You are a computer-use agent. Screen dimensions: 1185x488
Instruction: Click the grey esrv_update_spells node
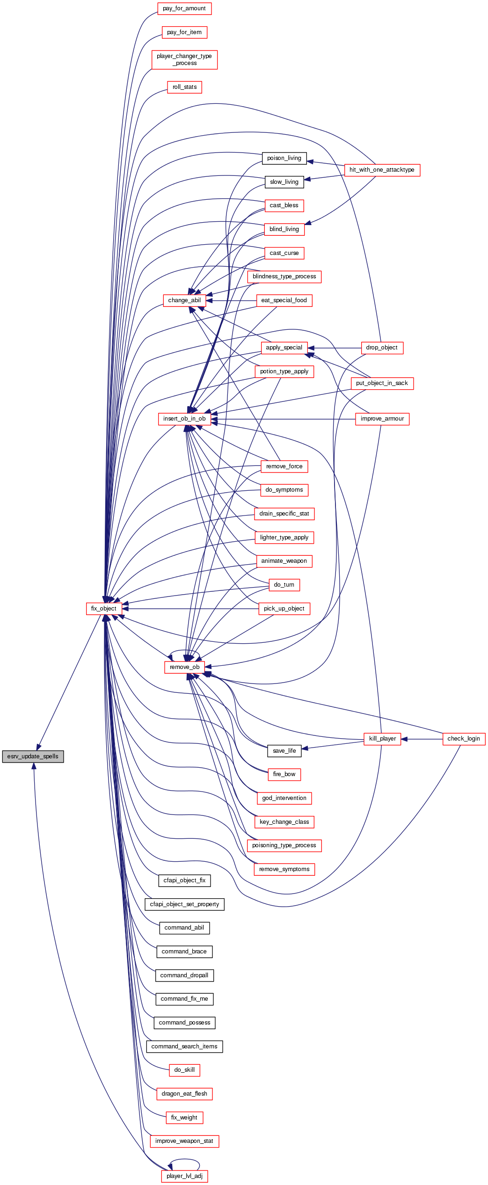click(33, 756)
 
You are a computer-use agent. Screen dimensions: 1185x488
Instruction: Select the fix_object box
click(104, 609)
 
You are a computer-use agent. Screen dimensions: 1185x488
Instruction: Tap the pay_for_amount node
click(184, 8)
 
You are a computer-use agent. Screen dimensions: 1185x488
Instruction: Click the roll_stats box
click(184, 87)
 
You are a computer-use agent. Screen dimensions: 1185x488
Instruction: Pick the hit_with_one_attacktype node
click(382, 170)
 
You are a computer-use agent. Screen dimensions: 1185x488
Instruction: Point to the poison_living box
click(284, 158)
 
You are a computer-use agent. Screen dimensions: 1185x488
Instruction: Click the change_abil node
click(184, 300)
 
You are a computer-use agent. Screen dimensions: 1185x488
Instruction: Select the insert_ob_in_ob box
click(184, 419)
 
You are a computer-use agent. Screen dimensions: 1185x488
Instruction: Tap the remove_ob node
click(184, 667)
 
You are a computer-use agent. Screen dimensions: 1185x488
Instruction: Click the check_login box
click(464, 739)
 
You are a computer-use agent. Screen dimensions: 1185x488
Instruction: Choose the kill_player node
click(382, 739)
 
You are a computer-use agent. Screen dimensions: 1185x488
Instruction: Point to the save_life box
click(284, 751)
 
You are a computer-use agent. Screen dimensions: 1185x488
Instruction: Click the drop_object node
click(382, 348)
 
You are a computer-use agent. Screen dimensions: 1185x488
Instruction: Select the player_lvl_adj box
click(184, 1176)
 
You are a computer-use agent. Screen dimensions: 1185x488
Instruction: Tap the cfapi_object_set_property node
click(184, 904)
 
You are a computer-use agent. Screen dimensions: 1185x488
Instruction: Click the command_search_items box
click(184, 1047)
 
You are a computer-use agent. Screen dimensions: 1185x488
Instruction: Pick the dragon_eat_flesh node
click(184, 1094)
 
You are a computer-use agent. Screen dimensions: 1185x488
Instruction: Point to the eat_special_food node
click(284, 300)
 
